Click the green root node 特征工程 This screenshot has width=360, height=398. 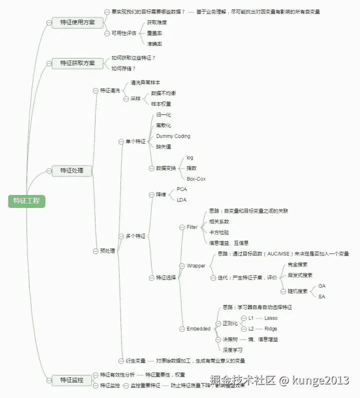[x=26, y=200]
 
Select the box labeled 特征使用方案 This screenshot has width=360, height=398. [x=77, y=22]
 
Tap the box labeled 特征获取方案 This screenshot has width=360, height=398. [x=77, y=63]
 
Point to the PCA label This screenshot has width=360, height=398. [x=182, y=189]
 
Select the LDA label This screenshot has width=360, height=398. [x=181, y=200]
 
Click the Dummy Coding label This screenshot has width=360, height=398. [x=173, y=136]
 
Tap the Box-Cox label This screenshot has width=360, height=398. [x=196, y=178]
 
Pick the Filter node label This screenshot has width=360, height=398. [x=192, y=227]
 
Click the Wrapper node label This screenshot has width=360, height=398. [x=196, y=265]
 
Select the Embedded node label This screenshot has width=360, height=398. [x=198, y=328]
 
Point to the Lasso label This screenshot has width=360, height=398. [x=270, y=318]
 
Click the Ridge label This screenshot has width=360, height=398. [x=270, y=328]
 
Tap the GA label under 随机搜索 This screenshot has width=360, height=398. [x=321, y=286]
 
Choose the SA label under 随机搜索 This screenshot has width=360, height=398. [x=321, y=296]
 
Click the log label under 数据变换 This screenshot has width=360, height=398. [x=190, y=157]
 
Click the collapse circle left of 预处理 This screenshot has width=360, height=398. [x=95, y=250]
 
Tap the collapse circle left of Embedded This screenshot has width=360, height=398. [x=182, y=328]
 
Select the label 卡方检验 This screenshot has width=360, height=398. [x=219, y=232]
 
